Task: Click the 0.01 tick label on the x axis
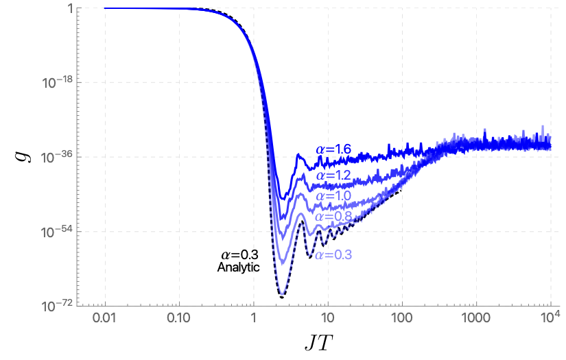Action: point(105,319)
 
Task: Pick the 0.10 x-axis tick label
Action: point(179,319)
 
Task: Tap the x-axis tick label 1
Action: point(254,319)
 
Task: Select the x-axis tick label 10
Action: point(328,319)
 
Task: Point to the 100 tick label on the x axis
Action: point(402,319)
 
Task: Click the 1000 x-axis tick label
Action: point(476,319)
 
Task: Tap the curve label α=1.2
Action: point(333,176)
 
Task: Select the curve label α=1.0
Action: point(333,196)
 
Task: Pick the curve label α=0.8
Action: point(333,217)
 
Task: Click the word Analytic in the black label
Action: point(238,267)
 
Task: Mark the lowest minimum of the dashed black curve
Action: point(282,296)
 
